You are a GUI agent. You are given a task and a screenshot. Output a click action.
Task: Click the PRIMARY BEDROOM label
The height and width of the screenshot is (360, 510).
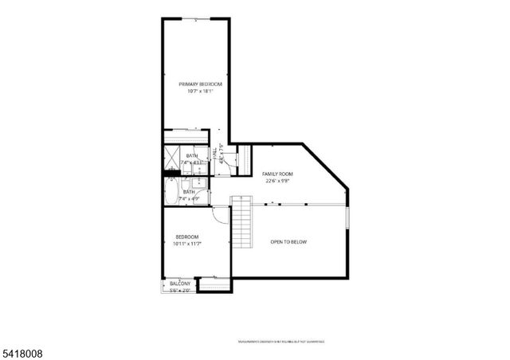pyautogui.click(x=200, y=84)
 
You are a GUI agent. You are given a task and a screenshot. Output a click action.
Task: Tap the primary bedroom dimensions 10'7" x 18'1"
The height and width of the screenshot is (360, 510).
pyautogui.click(x=200, y=92)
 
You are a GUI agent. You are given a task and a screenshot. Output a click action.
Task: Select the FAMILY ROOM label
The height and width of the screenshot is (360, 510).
pyautogui.click(x=278, y=174)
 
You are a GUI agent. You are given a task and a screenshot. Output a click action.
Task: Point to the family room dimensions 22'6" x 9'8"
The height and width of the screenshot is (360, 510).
pyautogui.click(x=277, y=181)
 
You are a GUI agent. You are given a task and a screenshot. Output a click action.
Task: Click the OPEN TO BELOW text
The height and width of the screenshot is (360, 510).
pyautogui.click(x=288, y=242)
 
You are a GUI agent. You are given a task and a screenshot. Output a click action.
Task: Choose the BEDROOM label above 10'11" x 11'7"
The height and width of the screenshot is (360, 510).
pyautogui.click(x=187, y=237)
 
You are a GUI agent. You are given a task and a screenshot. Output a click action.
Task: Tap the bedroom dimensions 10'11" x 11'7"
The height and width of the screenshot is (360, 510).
pyautogui.click(x=187, y=244)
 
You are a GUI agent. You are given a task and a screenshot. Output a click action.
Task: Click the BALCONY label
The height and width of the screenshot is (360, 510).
pyautogui.click(x=180, y=284)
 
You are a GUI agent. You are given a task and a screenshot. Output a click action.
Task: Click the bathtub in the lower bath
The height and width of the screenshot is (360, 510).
pyautogui.click(x=173, y=192)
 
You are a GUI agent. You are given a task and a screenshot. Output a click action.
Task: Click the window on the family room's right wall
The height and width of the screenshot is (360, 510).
pyautogui.click(x=348, y=217)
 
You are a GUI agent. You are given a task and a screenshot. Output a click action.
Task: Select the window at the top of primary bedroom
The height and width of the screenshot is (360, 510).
pyautogui.click(x=201, y=18)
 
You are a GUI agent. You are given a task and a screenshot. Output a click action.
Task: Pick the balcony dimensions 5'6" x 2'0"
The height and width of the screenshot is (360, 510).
pyautogui.click(x=180, y=291)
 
